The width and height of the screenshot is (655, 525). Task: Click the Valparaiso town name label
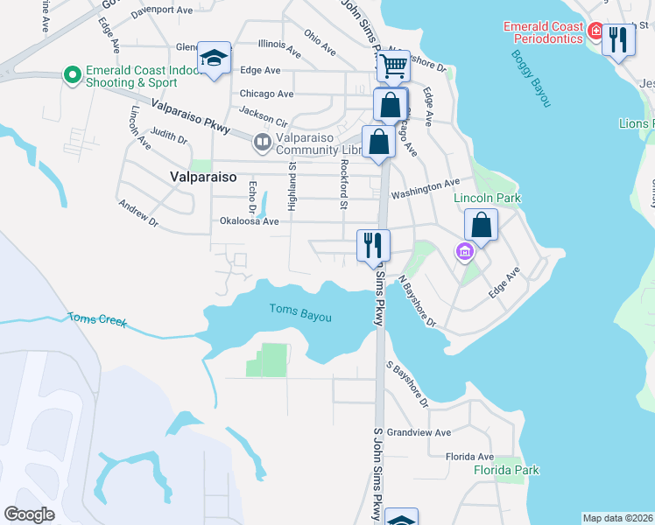point(201,177)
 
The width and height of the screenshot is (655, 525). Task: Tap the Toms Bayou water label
point(300,312)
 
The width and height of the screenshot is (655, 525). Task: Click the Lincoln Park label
point(487,199)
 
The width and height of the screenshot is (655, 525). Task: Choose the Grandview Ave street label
point(419,432)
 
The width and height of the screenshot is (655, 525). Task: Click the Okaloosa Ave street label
point(249,221)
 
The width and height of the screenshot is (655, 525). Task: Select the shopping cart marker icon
point(393,64)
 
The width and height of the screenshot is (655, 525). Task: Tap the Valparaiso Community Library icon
point(261,141)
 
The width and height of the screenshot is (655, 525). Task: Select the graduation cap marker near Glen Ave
point(213,58)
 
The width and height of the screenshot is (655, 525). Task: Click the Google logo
point(30,514)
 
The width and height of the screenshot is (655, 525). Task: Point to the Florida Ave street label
point(469,457)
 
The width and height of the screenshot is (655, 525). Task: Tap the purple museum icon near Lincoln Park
point(464,253)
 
